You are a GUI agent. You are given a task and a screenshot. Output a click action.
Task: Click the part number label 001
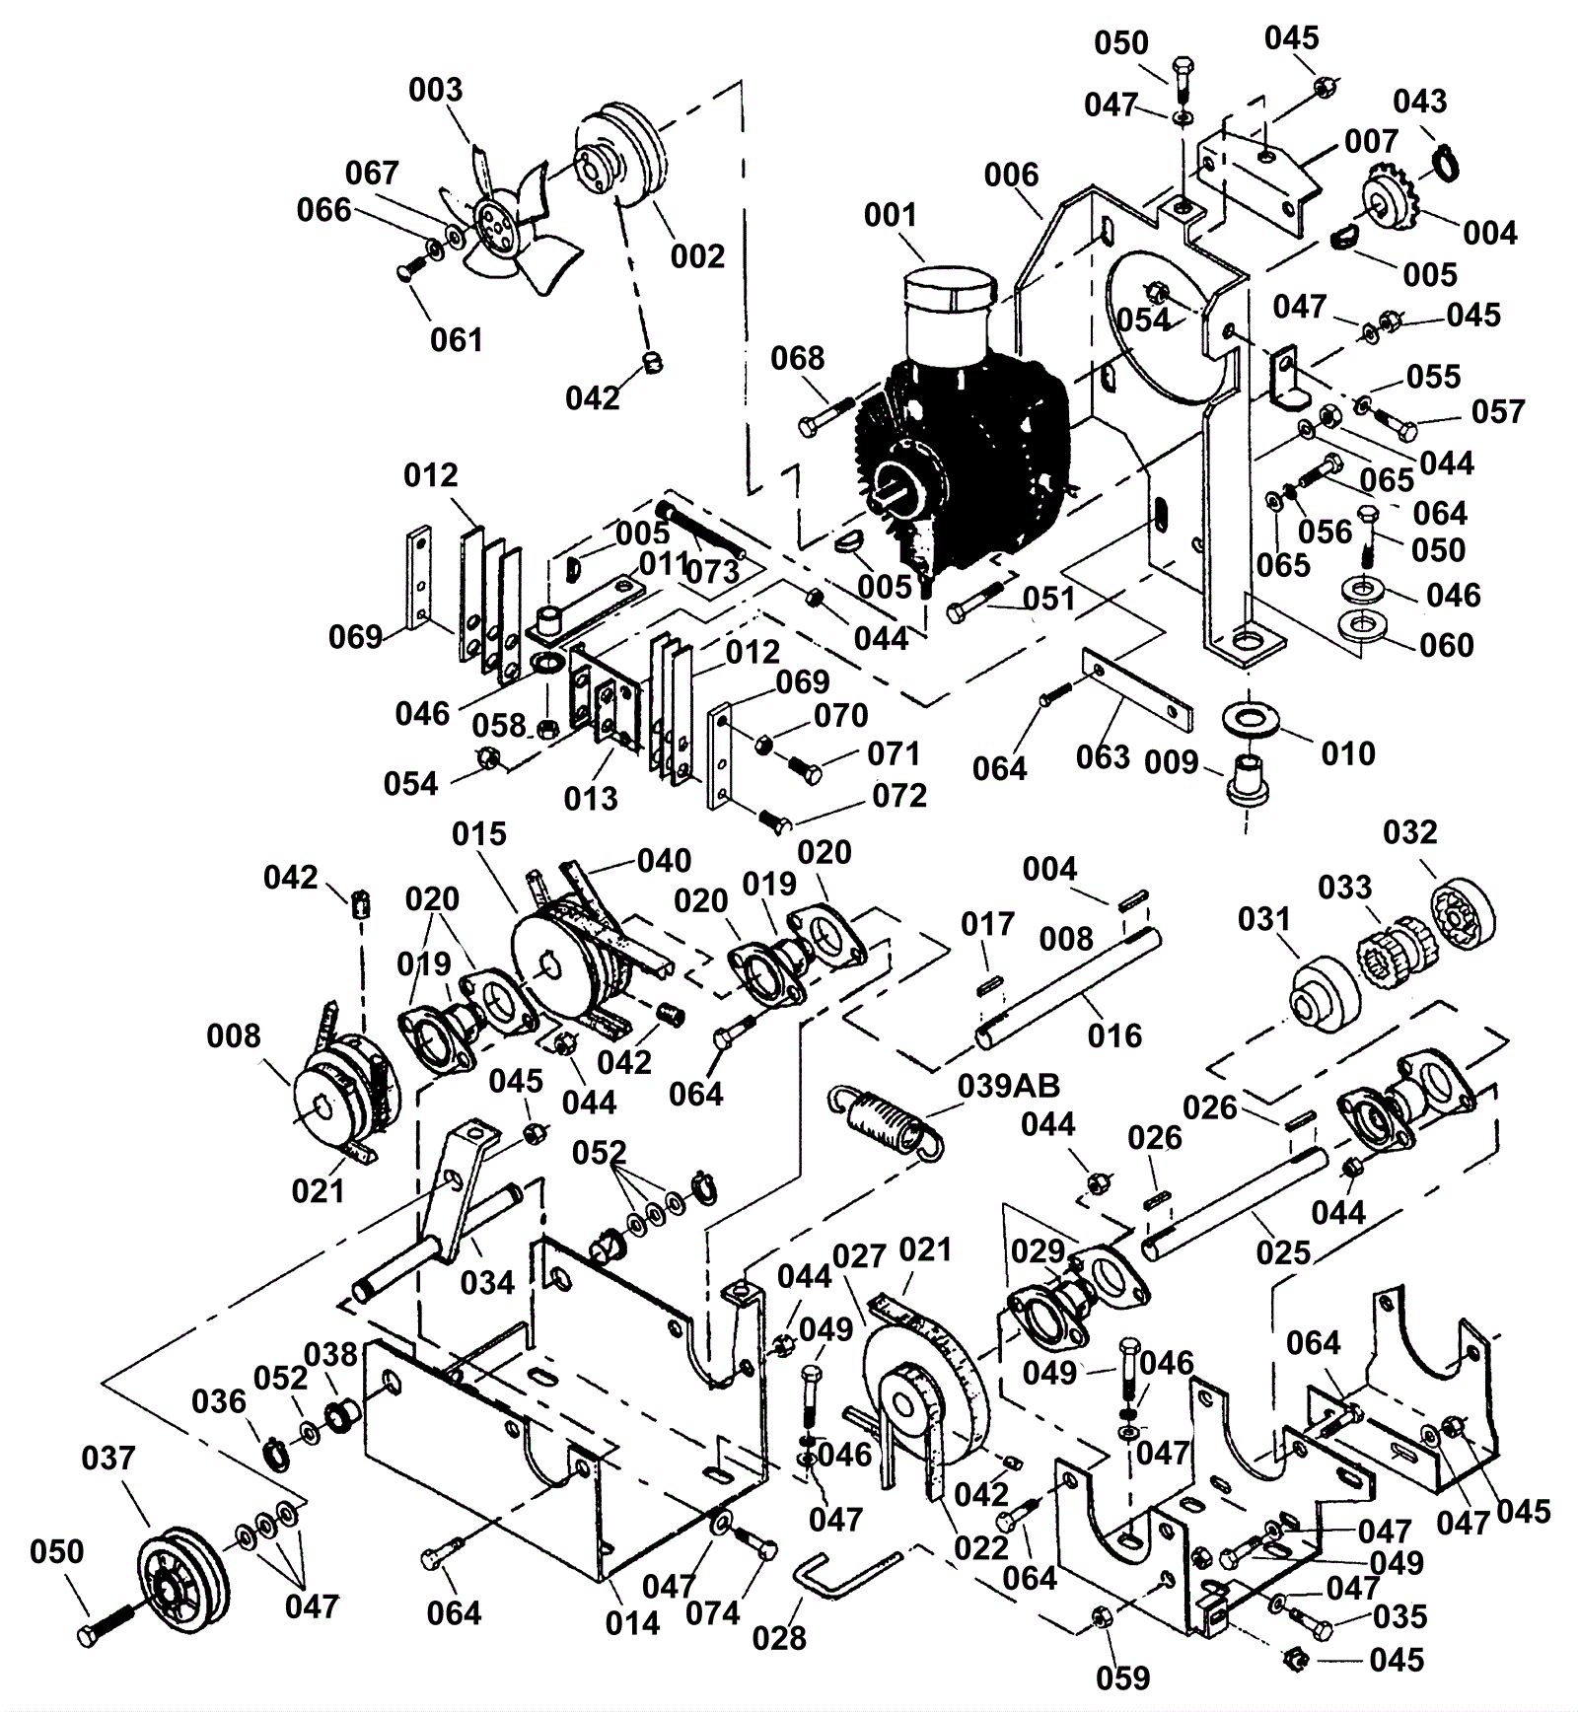click(x=891, y=215)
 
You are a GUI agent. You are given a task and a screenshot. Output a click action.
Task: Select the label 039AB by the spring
click(x=1008, y=1086)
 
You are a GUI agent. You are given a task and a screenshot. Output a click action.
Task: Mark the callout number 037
click(x=108, y=1458)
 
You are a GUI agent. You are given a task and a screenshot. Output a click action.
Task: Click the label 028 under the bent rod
click(x=779, y=1637)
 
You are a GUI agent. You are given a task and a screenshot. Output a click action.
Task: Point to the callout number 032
click(x=1410, y=832)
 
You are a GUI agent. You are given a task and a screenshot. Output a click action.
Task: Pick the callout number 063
click(x=1103, y=756)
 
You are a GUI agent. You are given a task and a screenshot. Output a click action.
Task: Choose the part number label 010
click(x=1347, y=753)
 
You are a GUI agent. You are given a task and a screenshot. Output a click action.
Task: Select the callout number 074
click(x=713, y=1612)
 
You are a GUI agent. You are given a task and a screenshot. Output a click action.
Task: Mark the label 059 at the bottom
click(x=1123, y=1677)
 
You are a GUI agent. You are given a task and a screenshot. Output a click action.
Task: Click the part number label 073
click(x=713, y=571)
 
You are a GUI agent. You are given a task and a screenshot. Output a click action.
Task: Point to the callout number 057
click(x=1498, y=411)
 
